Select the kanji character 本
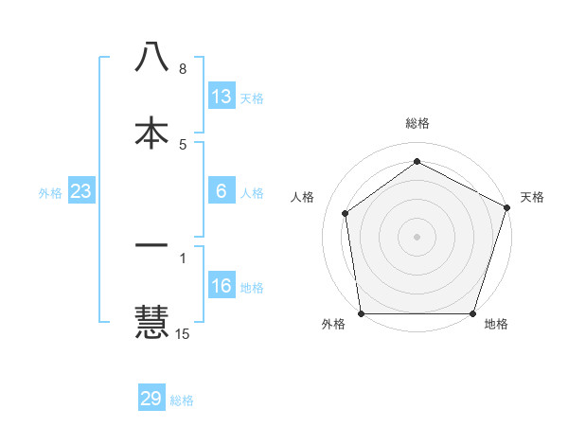(151, 133)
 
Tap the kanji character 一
(151, 246)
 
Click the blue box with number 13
(222, 97)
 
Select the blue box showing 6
(222, 191)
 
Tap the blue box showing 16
(222, 286)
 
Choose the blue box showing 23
(80, 191)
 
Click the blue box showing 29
(151, 399)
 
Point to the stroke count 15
(183, 333)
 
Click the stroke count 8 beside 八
(183, 69)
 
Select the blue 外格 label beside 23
(50, 193)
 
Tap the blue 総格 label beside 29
(182, 400)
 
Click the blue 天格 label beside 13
(252, 98)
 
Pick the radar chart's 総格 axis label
(417, 123)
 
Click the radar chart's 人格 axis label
(303, 197)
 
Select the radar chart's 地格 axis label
(496, 324)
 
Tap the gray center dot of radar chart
(417, 236)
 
